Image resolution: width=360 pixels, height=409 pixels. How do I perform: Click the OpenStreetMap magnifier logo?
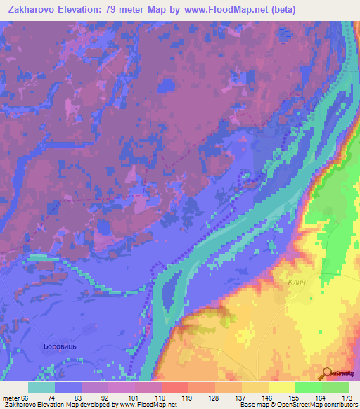click(x=328, y=374)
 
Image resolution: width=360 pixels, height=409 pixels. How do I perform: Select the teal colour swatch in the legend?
click(x=41, y=387)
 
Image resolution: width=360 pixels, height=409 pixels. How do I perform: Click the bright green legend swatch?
click(x=309, y=387)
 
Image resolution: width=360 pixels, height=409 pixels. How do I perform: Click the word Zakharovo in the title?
click(x=32, y=10)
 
